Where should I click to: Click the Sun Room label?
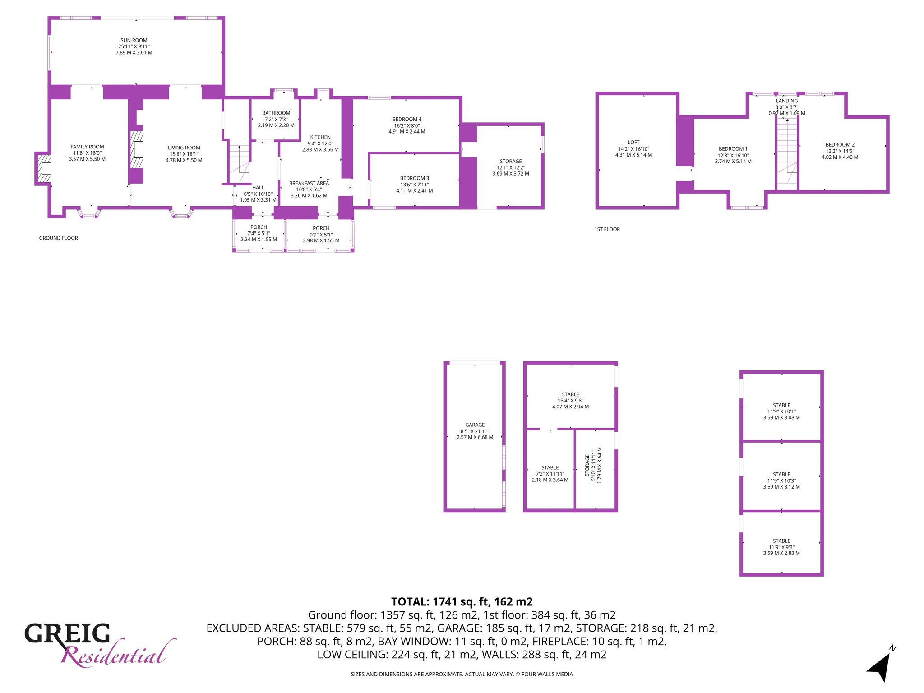[134, 40]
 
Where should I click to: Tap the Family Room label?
[87, 147]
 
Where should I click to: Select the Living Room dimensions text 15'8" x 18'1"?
[184, 154]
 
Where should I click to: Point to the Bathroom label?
[276, 113]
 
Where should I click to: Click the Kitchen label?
[320, 137]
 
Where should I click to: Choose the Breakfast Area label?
[309, 183]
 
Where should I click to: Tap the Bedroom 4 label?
[407, 120]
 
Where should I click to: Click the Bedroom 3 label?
[415, 178]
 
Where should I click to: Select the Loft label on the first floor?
[633, 142]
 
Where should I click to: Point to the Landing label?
[787, 101]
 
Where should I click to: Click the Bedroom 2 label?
[840, 145]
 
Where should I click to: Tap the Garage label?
[475, 425]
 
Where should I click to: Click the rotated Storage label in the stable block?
[587, 465]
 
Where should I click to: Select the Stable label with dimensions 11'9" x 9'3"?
[781, 541]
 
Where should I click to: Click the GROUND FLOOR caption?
[59, 238]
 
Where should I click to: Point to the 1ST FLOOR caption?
[607, 229]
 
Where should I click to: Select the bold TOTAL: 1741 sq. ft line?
[462, 602]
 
